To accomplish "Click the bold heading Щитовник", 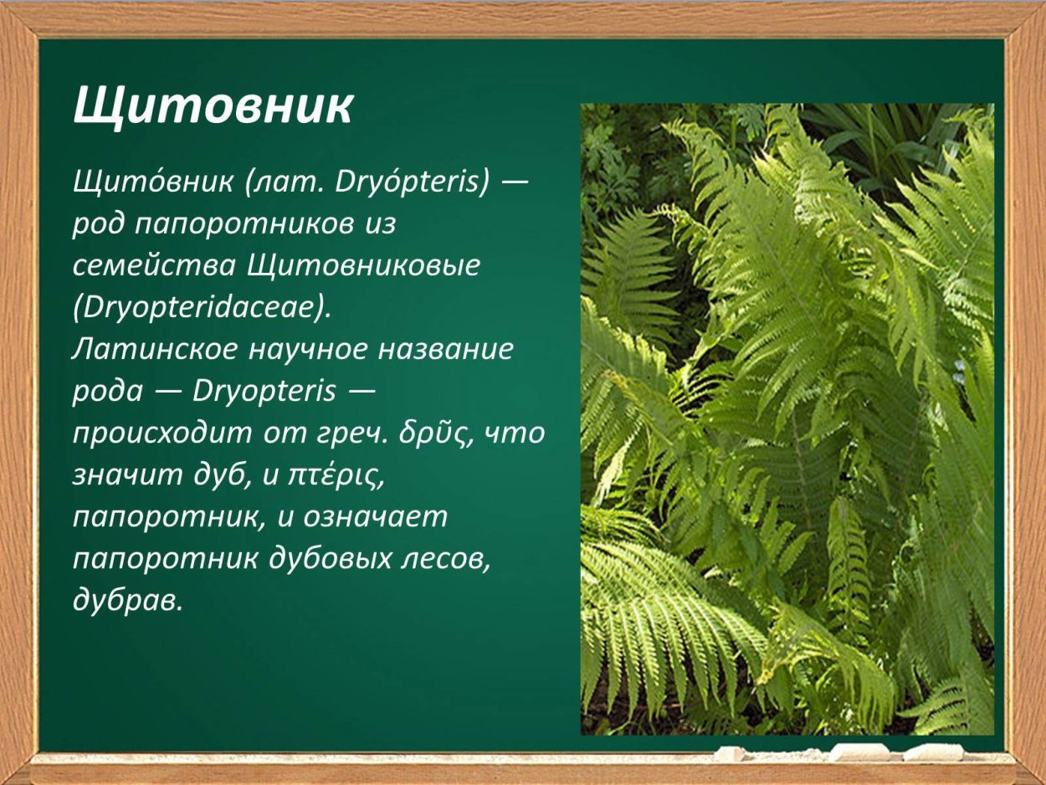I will (x=213, y=106).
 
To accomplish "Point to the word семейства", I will (x=154, y=265).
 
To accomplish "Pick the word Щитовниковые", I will (x=364, y=265).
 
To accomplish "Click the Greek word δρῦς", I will (x=442, y=434).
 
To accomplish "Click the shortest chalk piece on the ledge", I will (x=729, y=753).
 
